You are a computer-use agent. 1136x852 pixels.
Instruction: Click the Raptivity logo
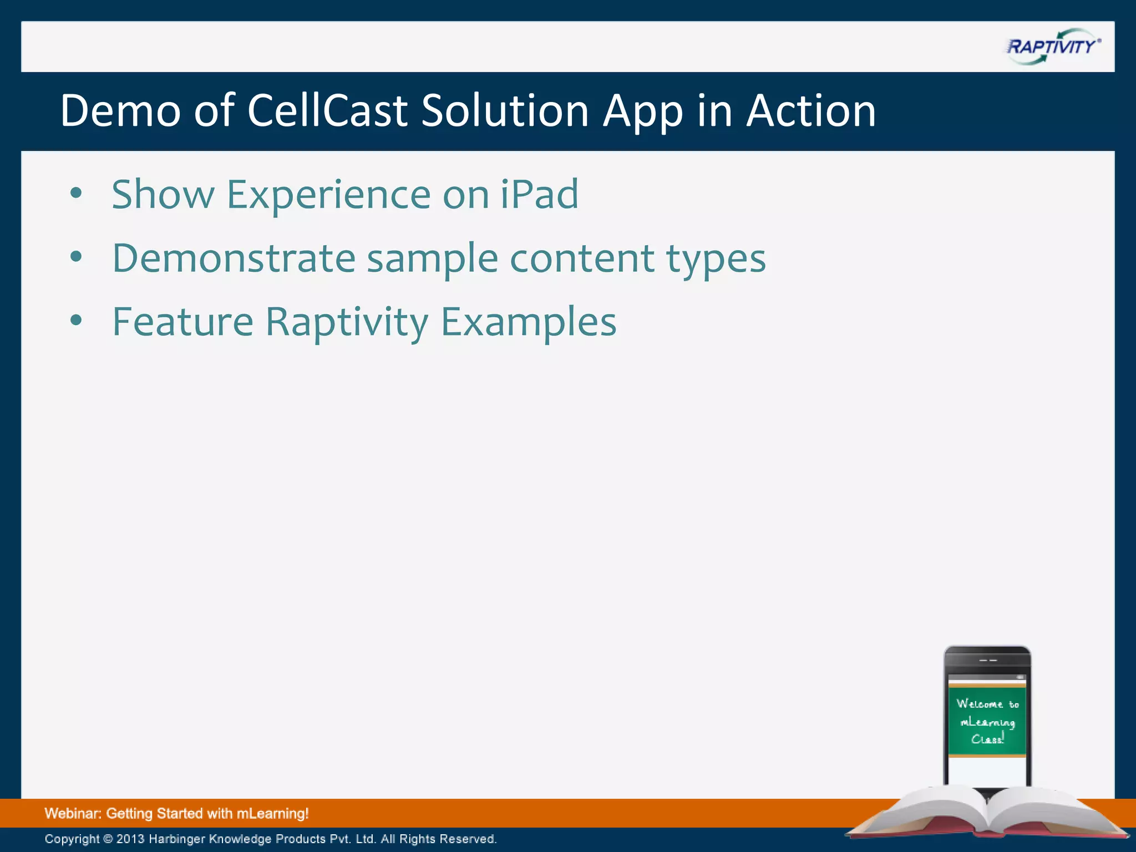[1052, 47]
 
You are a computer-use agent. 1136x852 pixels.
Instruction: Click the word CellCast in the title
[327, 110]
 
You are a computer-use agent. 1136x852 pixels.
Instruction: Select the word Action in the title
[810, 110]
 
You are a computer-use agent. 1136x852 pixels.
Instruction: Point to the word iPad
[539, 194]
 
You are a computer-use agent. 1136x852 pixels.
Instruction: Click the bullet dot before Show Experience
[77, 193]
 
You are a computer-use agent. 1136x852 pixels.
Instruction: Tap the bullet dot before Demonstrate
[77, 257]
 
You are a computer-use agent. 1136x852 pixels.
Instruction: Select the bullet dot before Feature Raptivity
[77, 320]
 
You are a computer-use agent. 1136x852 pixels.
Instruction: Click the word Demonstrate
[234, 258]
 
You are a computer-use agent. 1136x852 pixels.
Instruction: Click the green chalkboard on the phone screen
[987, 721]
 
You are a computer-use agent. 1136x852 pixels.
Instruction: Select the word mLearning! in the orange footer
[272, 814]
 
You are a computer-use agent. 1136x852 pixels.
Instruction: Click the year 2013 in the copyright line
[130, 839]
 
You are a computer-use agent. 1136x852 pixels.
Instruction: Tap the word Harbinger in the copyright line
[176, 839]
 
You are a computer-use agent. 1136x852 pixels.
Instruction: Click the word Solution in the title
[505, 110]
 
